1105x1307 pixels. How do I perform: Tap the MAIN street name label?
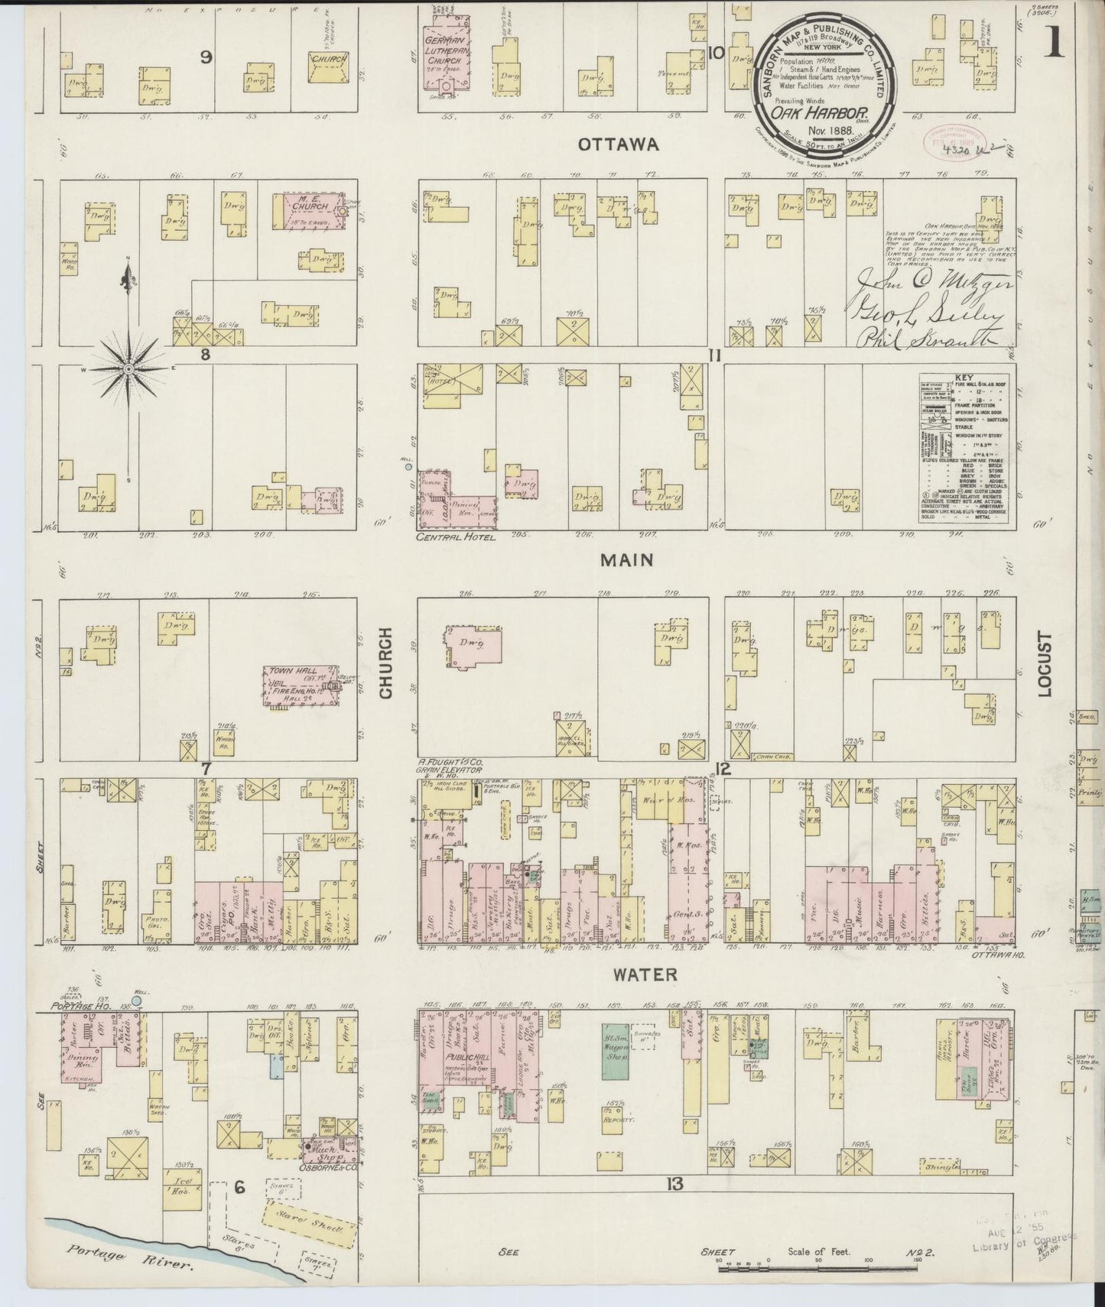click(x=626, y=560)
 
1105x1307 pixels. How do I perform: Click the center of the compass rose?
click(x=128, y=370)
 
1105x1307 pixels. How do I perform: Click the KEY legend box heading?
click(x=963, y=378)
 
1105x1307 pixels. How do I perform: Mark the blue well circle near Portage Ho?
click(x=137, y=1000)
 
